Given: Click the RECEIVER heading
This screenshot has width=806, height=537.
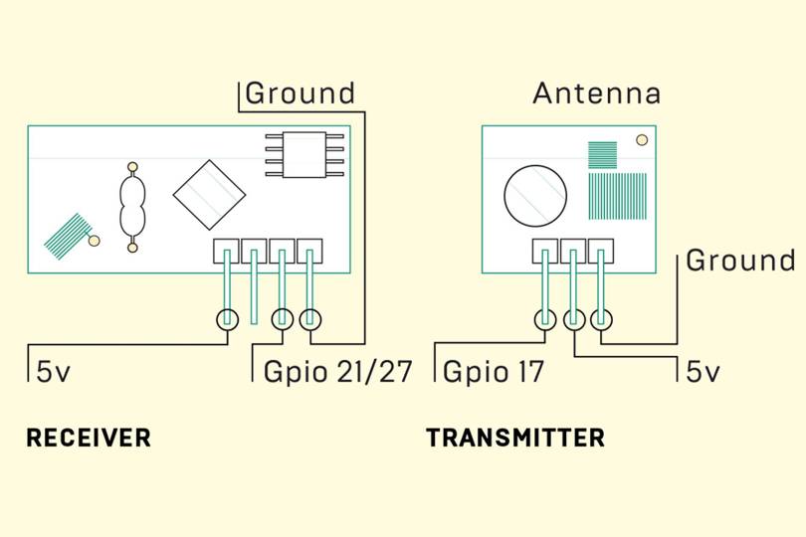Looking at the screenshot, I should [88, 438].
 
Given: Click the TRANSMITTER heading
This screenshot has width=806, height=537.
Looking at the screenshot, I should [515, 438].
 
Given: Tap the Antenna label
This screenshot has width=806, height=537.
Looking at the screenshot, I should [596, 94].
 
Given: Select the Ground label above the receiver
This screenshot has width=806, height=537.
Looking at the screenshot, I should [300, 93].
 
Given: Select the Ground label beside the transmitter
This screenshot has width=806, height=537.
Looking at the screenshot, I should [740, 261].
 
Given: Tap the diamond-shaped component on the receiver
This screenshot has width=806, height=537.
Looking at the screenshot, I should [209, 195].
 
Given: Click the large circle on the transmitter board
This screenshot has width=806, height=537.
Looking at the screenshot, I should [534, 194].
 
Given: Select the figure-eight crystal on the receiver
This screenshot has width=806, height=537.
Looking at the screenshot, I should [131, 206].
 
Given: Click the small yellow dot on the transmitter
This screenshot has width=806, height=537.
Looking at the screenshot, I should [642, 140].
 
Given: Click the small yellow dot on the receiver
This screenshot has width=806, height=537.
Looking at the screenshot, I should [95, 240].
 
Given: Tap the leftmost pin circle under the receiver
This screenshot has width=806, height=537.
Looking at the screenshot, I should [227, 319].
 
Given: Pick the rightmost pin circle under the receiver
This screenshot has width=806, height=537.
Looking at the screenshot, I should [311, 319].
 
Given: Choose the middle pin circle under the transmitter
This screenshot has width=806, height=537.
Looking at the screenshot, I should [573, 319].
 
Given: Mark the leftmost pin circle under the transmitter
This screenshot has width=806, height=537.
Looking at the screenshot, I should [545, 319].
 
